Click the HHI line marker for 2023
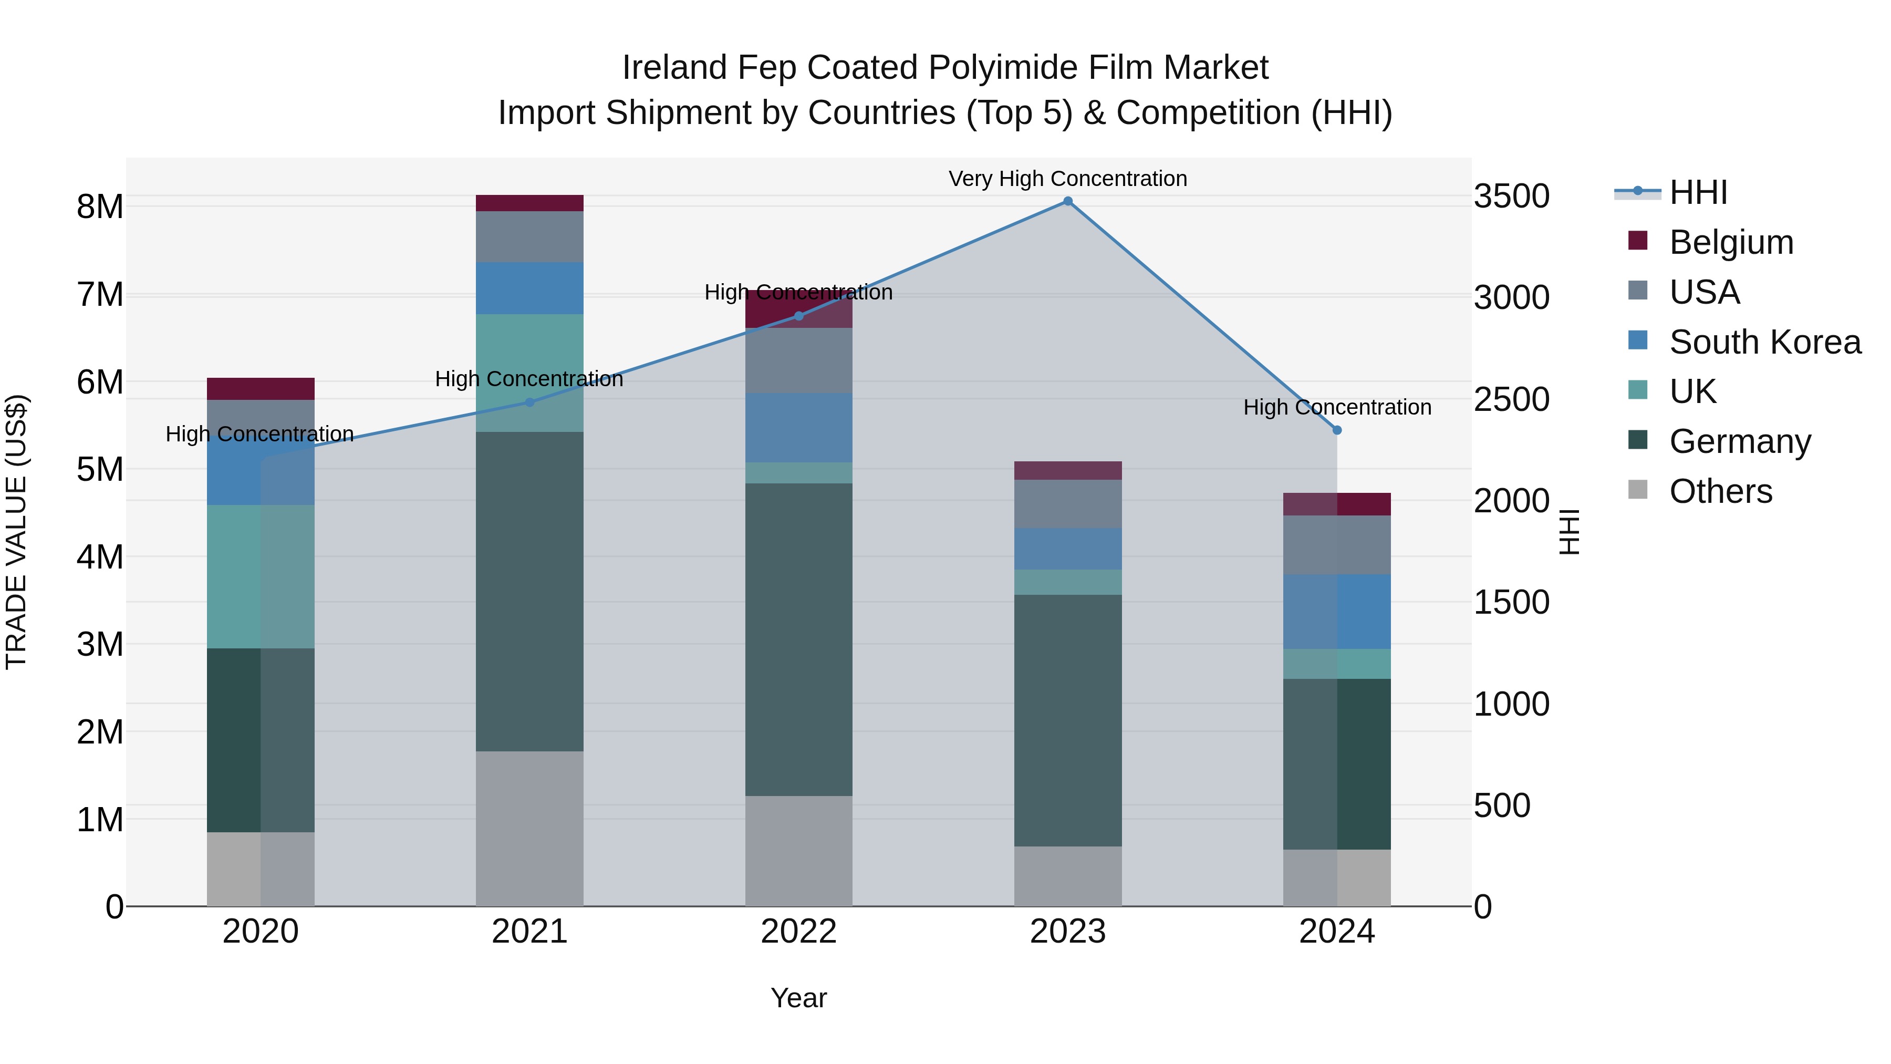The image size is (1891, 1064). (x=1068, y=201)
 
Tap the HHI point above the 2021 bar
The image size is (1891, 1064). (x=529, y=402)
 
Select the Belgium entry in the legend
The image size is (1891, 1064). (x=1730, y=242)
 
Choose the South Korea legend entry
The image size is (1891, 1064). (x=1764, y=342)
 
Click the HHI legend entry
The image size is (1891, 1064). (x=1697, y=192)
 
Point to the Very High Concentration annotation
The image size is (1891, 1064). (x=1067, y=179)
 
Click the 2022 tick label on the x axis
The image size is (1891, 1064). (x=798, y=932)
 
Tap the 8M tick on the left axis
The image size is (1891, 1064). (x=100, y=207)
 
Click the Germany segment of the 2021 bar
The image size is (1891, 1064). (x=529, y=591)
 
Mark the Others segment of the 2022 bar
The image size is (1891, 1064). (x=798, y=851)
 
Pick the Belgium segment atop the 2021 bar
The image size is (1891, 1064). (x=529, y=203)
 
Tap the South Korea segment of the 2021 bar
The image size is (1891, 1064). (x=529, y=288)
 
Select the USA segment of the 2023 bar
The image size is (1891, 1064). (x=1068, y=504)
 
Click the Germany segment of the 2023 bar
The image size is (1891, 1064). (x=1068, y=720)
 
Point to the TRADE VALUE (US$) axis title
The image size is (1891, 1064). (x=16, y=532)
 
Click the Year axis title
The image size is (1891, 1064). (x=798, y=999)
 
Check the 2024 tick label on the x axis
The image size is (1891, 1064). (x=1337, y=932)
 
